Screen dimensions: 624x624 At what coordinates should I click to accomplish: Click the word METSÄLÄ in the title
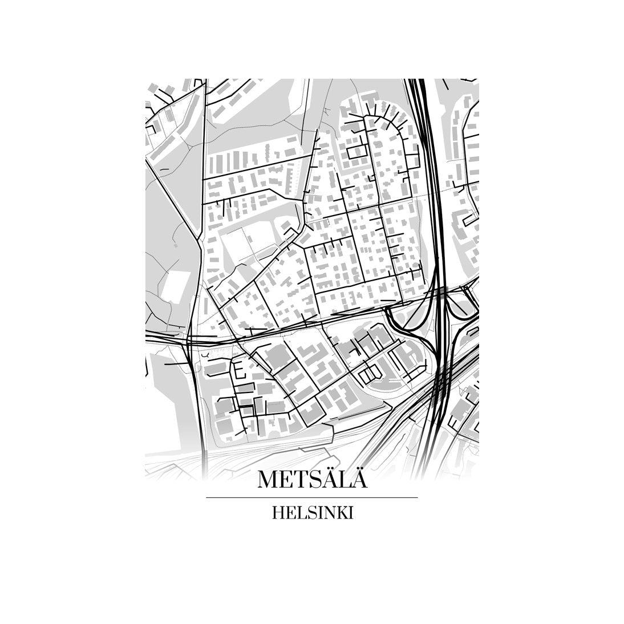pyautogui.click(x=312, y=480)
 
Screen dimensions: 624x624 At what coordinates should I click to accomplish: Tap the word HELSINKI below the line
pyautogui.click(x=313, y=513)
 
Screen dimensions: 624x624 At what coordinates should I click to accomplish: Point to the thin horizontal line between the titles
pyautogui.click(x=311, y=498)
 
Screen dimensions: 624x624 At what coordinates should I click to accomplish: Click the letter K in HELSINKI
pyautogui.click(x=342, y=513)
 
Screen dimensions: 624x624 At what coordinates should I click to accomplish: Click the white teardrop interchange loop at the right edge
pyautogui.click(x=461, y=305)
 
